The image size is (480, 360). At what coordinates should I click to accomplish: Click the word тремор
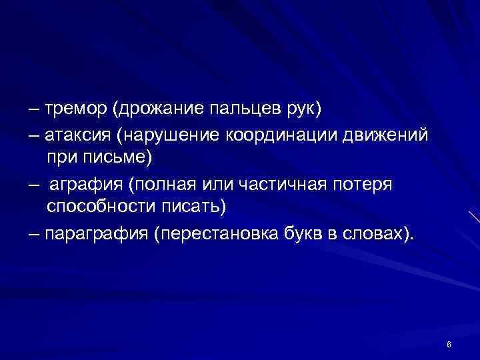coord(78,108)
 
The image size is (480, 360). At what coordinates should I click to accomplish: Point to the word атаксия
coord(79,135)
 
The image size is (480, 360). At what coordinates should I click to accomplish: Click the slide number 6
coord(449,344)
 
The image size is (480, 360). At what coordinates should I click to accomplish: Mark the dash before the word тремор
coord(35,108)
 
